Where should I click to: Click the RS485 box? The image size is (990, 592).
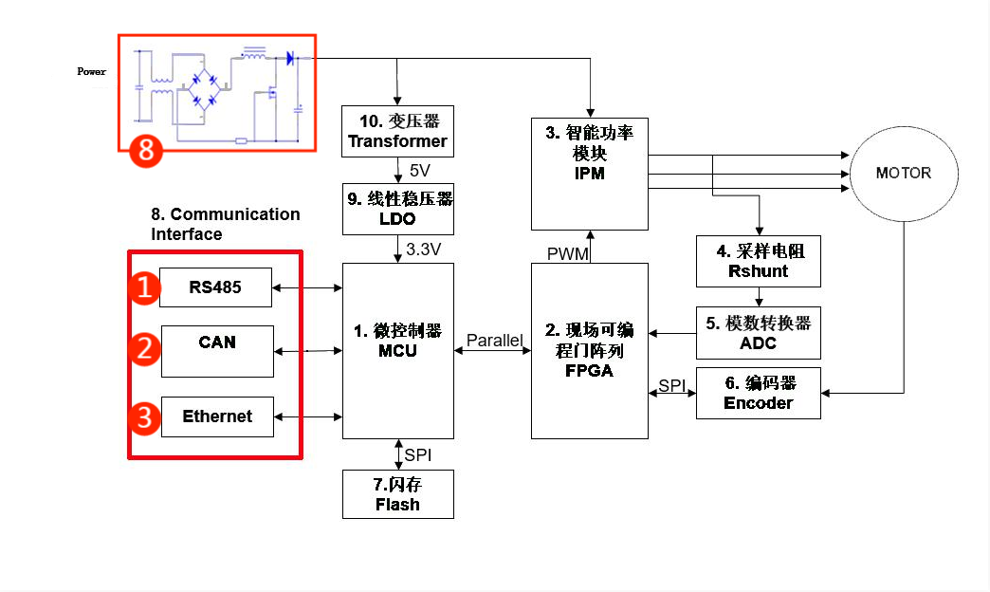point(215,287)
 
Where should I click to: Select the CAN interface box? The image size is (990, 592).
point(217,351)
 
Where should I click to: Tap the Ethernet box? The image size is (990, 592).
point(217,416)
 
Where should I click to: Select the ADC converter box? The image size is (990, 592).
point(758,333)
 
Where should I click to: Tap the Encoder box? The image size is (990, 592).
point(758,393)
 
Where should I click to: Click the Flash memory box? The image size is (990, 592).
point(397,494)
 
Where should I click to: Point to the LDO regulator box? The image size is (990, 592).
point(397,209)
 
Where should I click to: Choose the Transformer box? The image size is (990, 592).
point(397,131)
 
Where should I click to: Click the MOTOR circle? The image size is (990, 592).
point(903,174)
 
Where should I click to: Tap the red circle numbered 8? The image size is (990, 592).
point(145,148)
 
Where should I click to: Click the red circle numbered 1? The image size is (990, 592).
point(144,288)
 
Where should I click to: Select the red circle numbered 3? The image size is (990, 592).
point(144,417)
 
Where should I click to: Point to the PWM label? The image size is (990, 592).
point(568,254)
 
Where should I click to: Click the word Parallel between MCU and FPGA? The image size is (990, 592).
point(494,341)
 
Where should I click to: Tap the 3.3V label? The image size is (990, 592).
point(423,250)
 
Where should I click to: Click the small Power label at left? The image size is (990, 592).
point(91,71)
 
